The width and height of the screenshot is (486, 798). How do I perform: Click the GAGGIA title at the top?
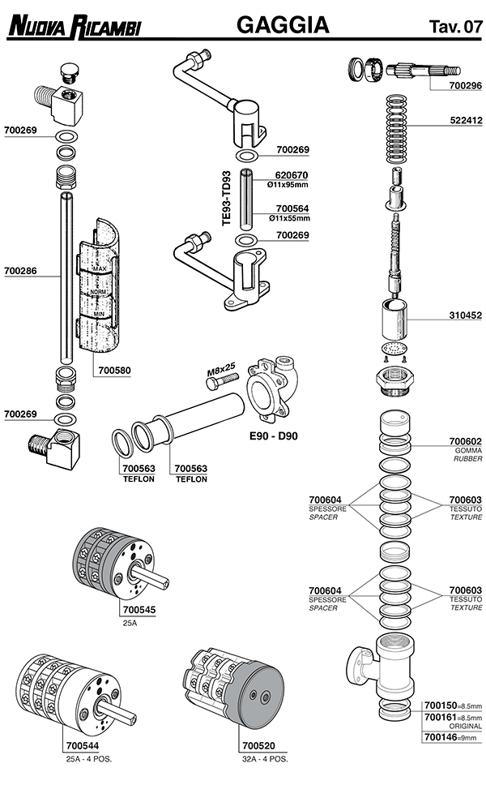tap(283, 25)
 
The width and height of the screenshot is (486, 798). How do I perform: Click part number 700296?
tap(465, 84)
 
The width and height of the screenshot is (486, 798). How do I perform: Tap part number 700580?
tap(114, 370)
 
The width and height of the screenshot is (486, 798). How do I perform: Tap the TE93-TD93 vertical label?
tap(227, 198)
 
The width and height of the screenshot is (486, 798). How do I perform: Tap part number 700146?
tap(440, 737)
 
